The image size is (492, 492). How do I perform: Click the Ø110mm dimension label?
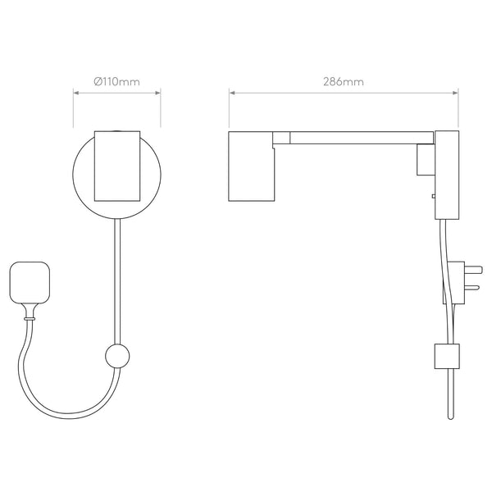[116, 81]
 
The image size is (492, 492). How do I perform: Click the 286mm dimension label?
[344, 82]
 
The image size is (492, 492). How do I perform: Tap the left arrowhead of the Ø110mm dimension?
[75, 93]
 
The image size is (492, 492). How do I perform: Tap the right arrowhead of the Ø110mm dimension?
[158, 93]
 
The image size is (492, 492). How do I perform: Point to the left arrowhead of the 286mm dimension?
[231, 93]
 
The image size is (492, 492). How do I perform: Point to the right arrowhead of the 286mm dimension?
[456, 93]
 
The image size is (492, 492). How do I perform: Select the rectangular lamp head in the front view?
[117, 166]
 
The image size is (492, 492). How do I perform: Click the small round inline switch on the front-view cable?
[117, 356]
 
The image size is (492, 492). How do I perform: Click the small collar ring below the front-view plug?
[30, 319]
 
